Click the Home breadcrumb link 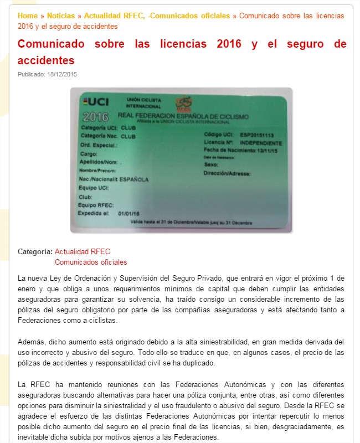tap(28, 16)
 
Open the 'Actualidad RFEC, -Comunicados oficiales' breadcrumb tap(157, 16)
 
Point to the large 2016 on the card tap(95, 117)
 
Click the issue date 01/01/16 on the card tap(128, 213)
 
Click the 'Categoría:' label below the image tap(35, 251)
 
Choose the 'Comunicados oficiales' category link tap(91, 262)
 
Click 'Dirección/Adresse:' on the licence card tap(227, 173)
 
